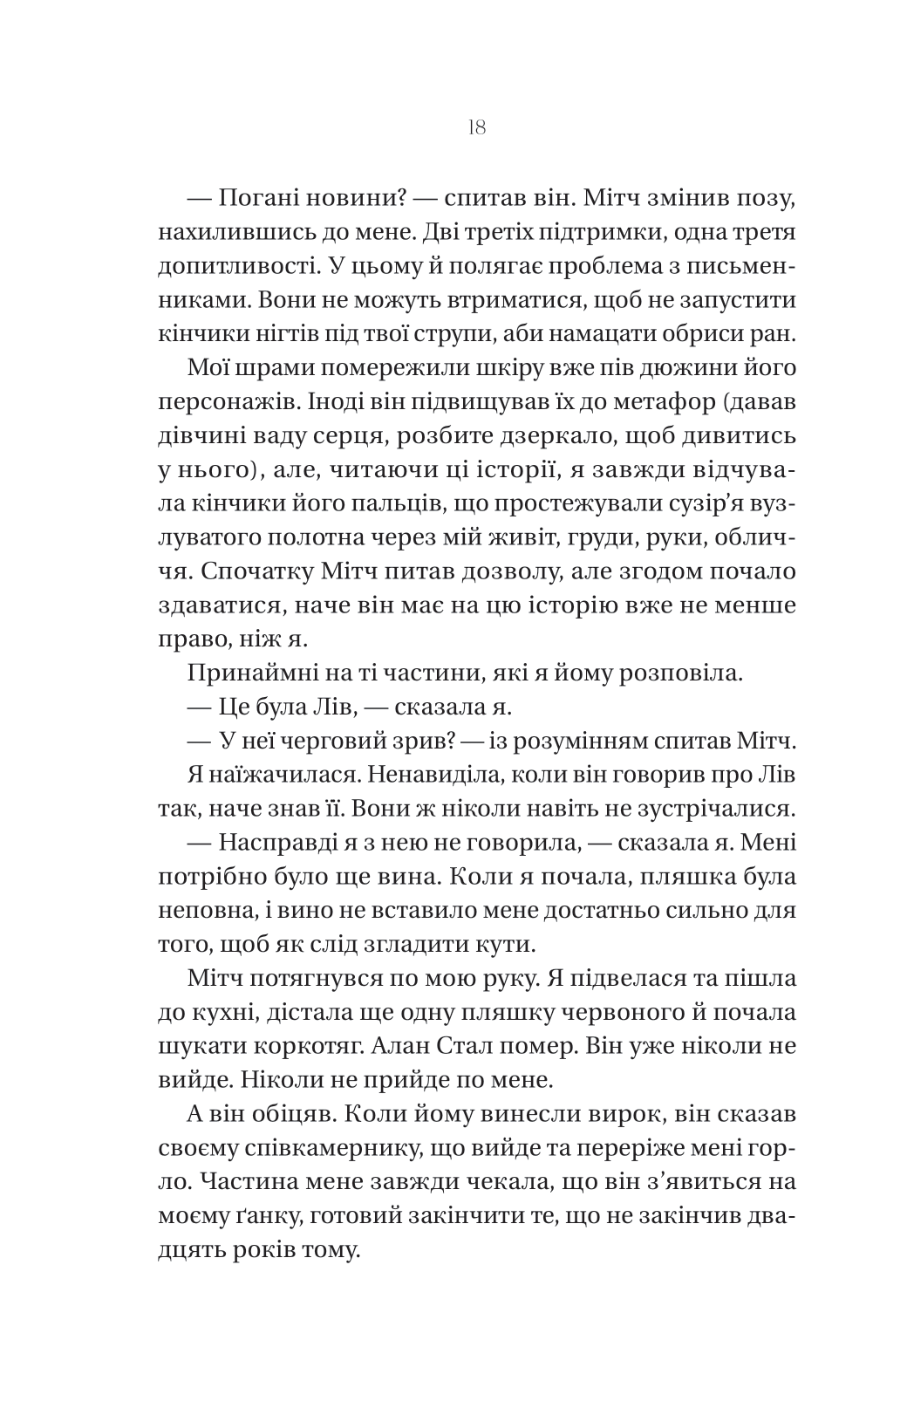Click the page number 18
click(x=476, y=128)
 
